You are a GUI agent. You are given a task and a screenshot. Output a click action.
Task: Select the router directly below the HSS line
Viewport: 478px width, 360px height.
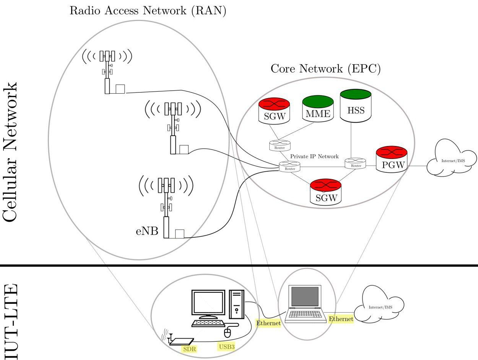point(356,164)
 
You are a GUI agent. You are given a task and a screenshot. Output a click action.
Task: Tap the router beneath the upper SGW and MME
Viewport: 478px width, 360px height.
point(280,145)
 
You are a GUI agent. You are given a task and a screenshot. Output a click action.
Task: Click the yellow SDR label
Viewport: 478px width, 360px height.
point(187,349)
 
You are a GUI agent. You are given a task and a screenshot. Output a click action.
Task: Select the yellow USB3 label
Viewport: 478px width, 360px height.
point(226,347)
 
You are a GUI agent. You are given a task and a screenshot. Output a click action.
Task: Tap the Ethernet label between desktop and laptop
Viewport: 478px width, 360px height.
point(268,323)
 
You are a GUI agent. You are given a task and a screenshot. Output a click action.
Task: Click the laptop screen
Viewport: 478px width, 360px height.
point(305,297)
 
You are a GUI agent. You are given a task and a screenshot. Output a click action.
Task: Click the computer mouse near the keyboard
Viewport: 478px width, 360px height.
point(228,332)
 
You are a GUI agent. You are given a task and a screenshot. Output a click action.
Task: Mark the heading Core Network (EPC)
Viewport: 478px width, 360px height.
point(325,69)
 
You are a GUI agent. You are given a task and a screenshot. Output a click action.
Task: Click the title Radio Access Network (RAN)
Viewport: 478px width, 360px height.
point(148,10)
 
